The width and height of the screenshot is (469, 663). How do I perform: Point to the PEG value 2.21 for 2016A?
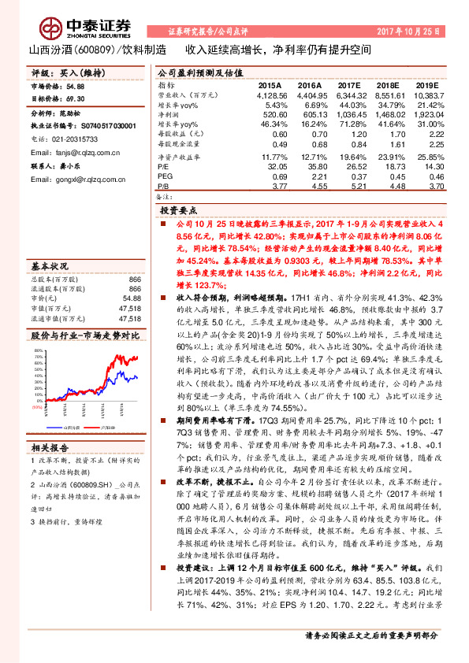pyautogui.click(x=311, y=177)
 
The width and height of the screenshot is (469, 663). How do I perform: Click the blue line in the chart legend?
pyautogui.click(x=75, y=425)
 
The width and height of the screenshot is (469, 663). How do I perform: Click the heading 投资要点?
pyautogui.click(x=178, y=212)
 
